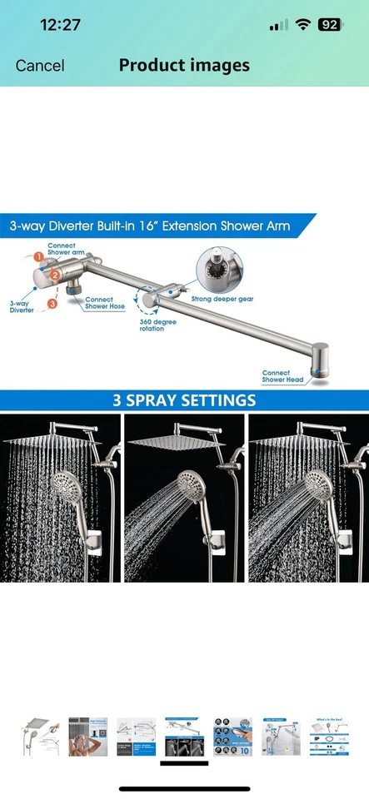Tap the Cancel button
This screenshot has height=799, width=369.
pyautogui.click(x=40, y=65)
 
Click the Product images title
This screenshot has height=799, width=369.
pyautogui.click(x=184, y=65)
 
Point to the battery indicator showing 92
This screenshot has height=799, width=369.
pyautogui.click(x=330, y=25)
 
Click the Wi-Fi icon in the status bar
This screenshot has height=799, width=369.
pyautogui.click(x=303, y=25)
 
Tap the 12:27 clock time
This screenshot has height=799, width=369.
pyautogui.click(x=61, y=25)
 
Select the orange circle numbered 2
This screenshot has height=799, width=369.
pyautogui.click(x=53, y=274)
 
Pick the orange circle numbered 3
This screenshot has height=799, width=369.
pyautogui.click(x=52, y=305)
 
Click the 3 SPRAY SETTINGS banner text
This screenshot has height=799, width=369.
pyautogui.click(x=184, y=400)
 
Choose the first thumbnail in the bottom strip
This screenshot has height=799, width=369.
pyautogui.click(x=39, y=737)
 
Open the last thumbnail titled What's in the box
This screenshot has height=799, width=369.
pyautogui.click(x=328, y=737)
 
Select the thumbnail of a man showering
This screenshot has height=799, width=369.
pyautogui.click(x=87, y=737)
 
